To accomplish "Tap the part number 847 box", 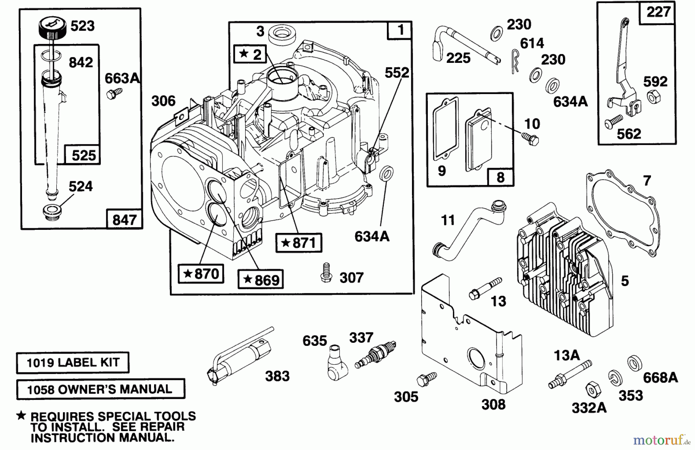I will point(124,220).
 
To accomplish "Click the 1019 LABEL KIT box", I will point(73,362).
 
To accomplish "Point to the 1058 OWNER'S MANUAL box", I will point(100,389).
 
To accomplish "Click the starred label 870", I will point(201,274).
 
